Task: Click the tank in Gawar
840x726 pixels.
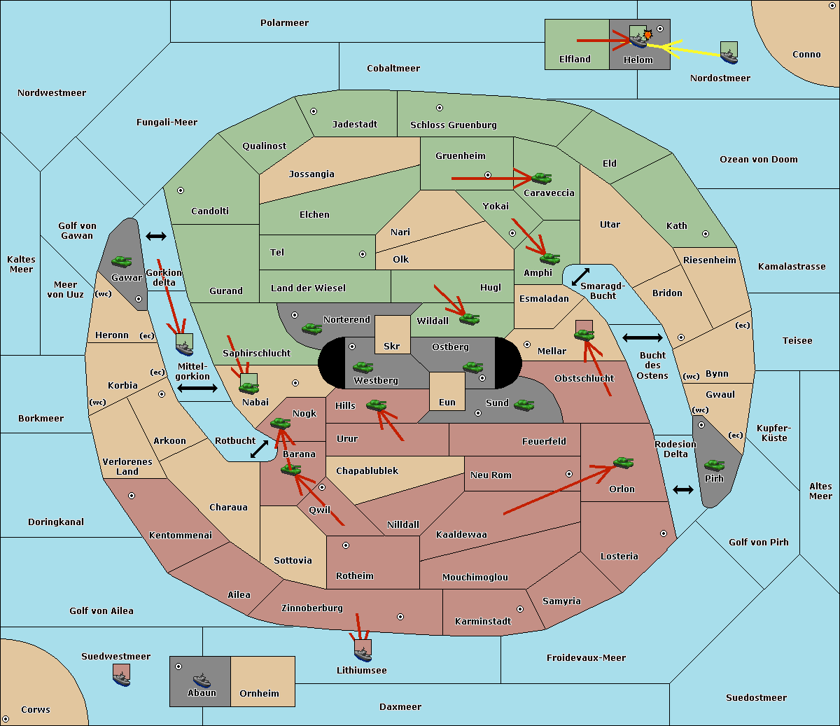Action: pos(122,261)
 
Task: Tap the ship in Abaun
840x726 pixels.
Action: pos(202,680)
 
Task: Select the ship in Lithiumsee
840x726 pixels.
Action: pos(363,654)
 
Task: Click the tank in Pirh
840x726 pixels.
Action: pos(714,465)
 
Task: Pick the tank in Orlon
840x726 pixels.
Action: pos(624,463)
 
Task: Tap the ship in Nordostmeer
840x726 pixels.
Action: pos(729,56)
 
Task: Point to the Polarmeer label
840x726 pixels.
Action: pos(284,23)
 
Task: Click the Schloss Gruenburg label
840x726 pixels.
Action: pos(454,125)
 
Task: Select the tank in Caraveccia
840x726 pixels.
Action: pos(542,178)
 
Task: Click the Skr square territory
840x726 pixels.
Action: pos(392,335)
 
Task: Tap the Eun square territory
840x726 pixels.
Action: pos(447,391)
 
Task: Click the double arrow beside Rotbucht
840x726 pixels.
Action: pos(259,449)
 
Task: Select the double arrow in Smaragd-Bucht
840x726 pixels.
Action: pos(580,277)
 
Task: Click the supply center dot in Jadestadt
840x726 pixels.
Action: pos(314,111)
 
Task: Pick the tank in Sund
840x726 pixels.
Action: pos(524,405)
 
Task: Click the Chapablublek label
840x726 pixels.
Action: pos(367,470)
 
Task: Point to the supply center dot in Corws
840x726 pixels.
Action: pos(6,718)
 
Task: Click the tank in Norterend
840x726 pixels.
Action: pos(311,328)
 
